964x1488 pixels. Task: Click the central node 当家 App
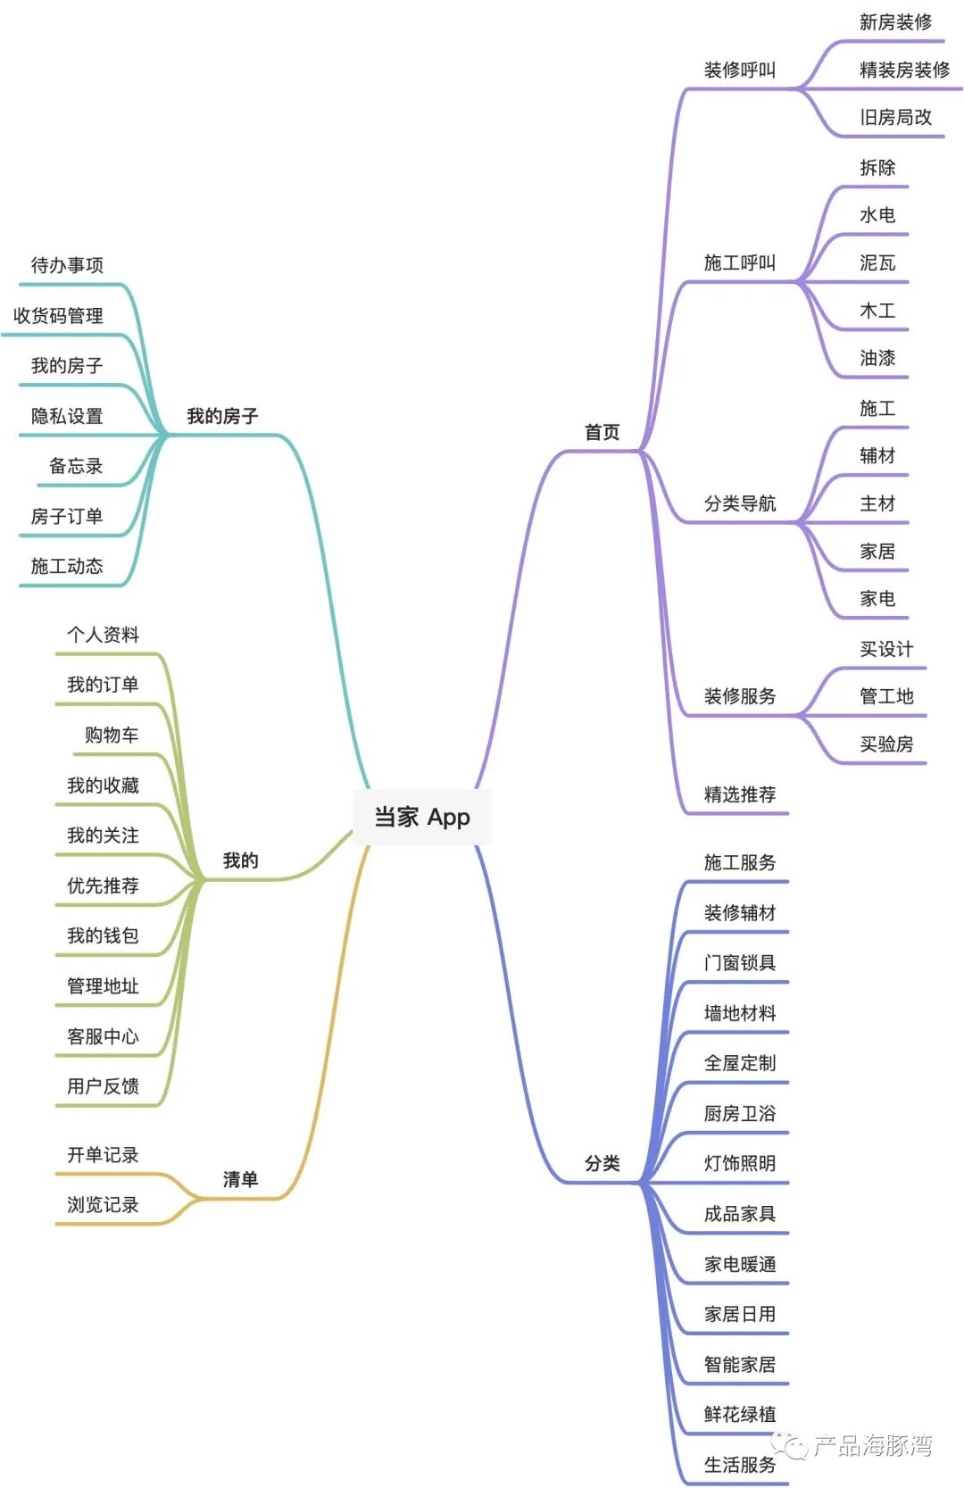421,817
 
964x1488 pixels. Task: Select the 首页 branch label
602,432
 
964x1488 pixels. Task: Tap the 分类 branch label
602,1163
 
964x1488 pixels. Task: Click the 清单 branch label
240,1179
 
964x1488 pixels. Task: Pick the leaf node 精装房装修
903,70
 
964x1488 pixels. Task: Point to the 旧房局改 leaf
895,117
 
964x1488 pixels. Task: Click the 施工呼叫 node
739,262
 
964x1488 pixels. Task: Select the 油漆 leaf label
877,358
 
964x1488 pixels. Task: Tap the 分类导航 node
739,503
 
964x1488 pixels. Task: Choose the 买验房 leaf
885,744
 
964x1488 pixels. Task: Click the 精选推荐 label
739,794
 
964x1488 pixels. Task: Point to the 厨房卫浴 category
739,1113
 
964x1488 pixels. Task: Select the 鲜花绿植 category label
739,1414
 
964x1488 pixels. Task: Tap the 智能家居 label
739,1364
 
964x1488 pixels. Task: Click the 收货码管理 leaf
58,315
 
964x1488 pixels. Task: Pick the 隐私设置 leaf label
67,416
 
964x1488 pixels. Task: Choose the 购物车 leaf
112,735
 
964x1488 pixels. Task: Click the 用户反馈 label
103,1086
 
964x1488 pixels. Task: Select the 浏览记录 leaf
103,1204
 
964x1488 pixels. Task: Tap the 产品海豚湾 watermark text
872,1445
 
